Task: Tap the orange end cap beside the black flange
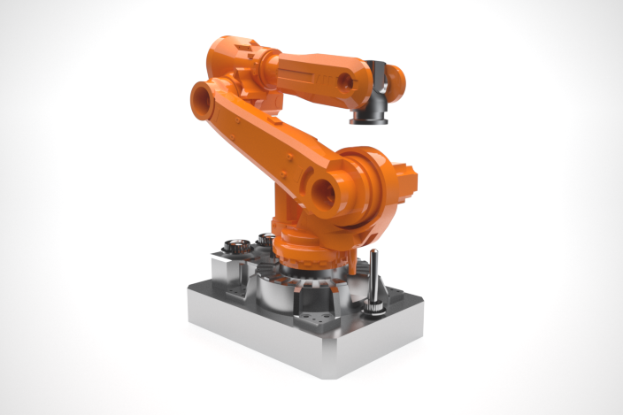396,81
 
